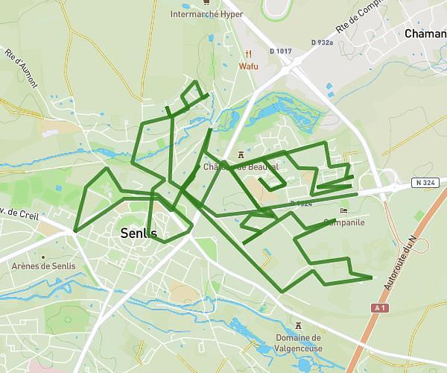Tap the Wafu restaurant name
coord(248,66)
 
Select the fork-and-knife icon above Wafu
coord(249,53)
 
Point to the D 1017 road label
coord(281,51)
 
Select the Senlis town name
coord(139,233)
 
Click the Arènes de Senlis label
coord(42,266)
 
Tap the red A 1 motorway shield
coord(380,307)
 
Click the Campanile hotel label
coord(344,222)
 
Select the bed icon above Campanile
coord(343,210)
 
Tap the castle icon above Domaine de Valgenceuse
coord(299,326)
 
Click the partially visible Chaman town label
coord(425,34)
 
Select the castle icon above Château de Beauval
coord(240,154)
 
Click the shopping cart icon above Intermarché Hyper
coord(206,2)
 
